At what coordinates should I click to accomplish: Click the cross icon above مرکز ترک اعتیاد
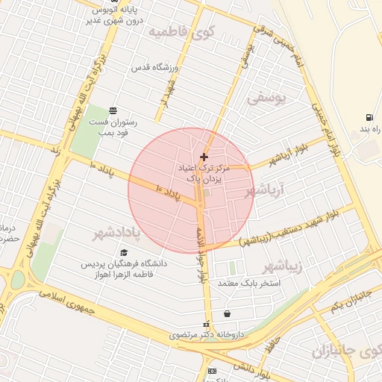(204, 157)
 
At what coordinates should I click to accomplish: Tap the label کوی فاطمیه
(181, 32)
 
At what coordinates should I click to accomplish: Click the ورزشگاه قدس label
(177, 69)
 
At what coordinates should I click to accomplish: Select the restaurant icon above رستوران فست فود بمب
(112, 110)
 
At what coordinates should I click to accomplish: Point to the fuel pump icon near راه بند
(369, 117)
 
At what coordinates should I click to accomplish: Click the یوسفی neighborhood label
(266, 98)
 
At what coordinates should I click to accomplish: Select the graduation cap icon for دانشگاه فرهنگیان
(124, 253)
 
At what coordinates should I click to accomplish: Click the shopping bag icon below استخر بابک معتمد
(227, 313)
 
